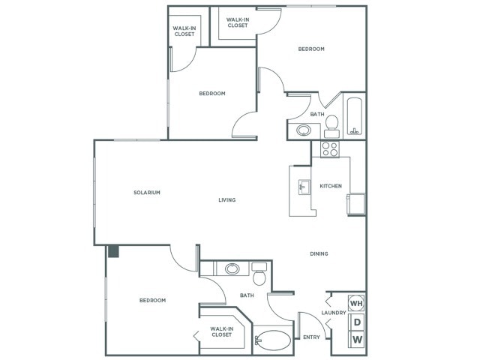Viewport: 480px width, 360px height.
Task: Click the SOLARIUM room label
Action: click(148, 193)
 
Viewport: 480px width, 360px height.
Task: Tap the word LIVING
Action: click(226, 200)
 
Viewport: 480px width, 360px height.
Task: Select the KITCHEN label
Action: click(331, 186)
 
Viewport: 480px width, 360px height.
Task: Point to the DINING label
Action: click(319, 253)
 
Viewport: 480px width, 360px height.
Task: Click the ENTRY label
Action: click(310, 337)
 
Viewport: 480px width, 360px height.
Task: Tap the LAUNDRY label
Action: click(333, 313)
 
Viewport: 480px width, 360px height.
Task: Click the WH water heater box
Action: click(356, 304)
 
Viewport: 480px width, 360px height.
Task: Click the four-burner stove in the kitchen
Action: click(330, 148)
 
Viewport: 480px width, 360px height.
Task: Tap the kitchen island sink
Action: click(304, 186)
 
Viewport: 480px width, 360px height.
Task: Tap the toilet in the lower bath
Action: click(259, 276)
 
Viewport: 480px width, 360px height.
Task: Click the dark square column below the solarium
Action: click(113, 252)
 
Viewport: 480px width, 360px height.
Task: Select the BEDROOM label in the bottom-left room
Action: click(152, 300)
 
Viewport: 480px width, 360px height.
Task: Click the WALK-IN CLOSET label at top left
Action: click(184, 31)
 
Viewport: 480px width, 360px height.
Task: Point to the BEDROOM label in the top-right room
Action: click(311, 49)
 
